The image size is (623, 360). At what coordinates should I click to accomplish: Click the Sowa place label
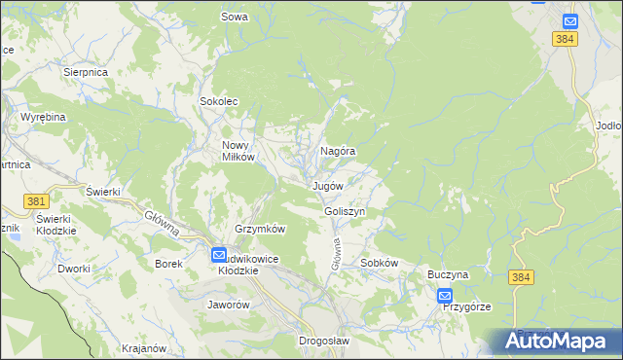click(235, 17)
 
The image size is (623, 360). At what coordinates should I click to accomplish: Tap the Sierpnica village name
click(85, 72)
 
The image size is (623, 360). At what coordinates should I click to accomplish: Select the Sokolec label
click(219, 101)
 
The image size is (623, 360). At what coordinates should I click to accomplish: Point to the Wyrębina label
click(43, 117)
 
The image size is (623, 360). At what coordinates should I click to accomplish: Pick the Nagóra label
click(338, 152)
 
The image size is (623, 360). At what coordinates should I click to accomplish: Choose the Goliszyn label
click(345, 211)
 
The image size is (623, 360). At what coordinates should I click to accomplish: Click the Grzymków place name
click(259, 230)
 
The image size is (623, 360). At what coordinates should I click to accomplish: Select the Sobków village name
click(380, 264)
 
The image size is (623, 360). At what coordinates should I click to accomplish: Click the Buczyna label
click(448, 275)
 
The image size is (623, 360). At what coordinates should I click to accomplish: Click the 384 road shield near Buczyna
click(520, 278)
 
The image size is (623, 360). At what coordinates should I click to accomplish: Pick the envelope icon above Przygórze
click(445, 296)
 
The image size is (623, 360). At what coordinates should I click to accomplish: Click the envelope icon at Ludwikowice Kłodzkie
click(220, 254)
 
